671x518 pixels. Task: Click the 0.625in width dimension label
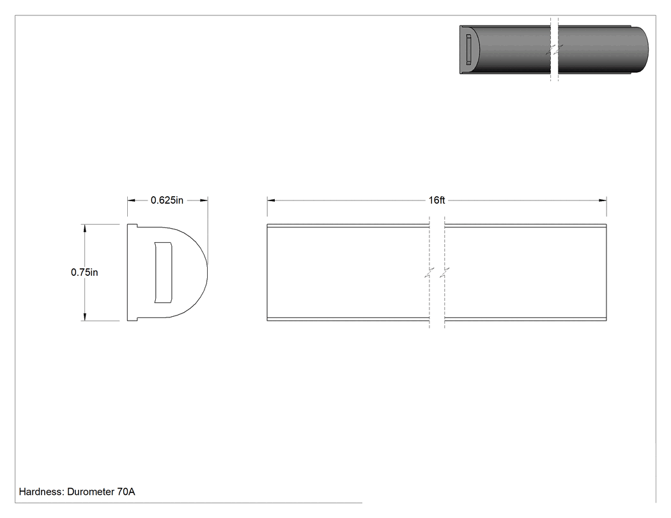pyautogui.click(x=167, y=200)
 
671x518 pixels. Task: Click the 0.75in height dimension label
pyautogui.click(x=84, y=272)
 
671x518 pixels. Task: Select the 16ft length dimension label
pyautogui.click(x=437, y=200)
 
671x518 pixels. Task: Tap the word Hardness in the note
pyautogui.click(x=42, y=492)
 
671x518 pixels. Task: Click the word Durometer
pyautogui.click(x=91, y=492)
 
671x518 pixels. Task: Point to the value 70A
pyautogui.click(x=127, y=492)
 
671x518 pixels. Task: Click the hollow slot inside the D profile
pyautogui.click(x=163, y=273)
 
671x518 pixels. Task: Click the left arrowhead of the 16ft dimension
pyautogui.click(x=271, y=200)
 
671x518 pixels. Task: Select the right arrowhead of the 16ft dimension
pyautogui.click(x=603, y=200)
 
